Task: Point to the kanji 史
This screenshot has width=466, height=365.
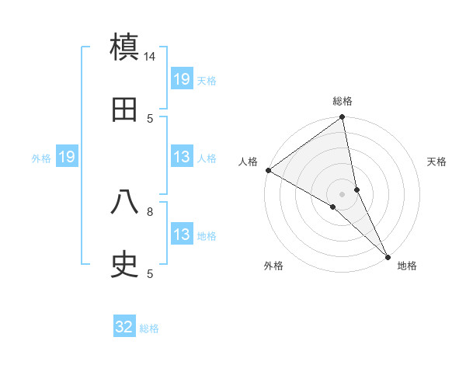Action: pyautogui.click(x=125, y=265)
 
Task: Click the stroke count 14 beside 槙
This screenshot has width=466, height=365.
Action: pyautogui.click(x=151, y=57)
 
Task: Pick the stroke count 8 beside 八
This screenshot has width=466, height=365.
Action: pyautogui.click(x=151, y=210)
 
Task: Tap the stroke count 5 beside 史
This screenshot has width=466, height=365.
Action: pyautogui.click(x=151, y=273)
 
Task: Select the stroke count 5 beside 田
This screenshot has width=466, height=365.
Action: pyautogui.click(x=151, y=118)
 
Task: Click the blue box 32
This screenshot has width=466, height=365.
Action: pyautogui.click(x=124, y=327)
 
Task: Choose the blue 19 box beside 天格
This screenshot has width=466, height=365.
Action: pyautogui.click(x=182, y=79)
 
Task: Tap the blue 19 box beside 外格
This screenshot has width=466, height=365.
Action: pyautogui.click(x=67, y=158)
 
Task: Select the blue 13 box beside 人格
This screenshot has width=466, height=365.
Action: pyautogui.click(x=182, y=158)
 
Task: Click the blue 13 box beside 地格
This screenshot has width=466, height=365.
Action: pyautogui.click(x=182, y=235)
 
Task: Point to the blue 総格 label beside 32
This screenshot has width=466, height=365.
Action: pyautogui.click(x=149, y=328)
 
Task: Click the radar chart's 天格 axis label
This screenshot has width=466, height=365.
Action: pyautogui.click(x=437, y=162)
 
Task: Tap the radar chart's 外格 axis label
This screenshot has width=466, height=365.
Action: pyautogui.click(x=273, y=266)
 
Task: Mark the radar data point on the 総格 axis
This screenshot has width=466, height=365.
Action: pyautogui.click(x=342, y=117)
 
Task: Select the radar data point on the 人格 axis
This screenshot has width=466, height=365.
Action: pyautogui.click(x=268, y=170)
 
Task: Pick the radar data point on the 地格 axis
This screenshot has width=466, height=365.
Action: pyautogui.click(x=388, y=256)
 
